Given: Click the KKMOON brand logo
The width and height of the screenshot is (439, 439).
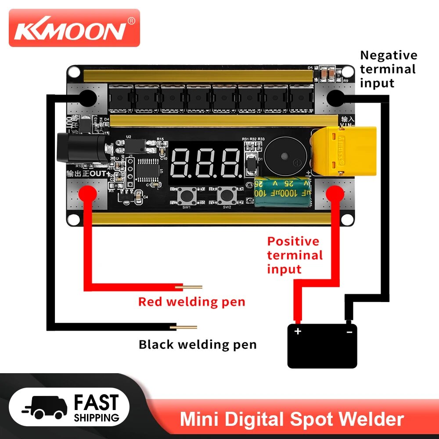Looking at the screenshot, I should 74,30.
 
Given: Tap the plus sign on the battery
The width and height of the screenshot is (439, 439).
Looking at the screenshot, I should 298,331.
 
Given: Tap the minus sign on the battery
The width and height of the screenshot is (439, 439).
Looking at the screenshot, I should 349,332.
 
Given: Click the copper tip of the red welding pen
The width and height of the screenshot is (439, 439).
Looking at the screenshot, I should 192,287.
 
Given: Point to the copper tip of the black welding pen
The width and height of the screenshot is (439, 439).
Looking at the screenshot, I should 186,327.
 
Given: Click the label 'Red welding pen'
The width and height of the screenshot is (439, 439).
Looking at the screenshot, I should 191,302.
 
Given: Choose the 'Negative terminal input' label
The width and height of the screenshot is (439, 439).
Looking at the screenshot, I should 388,69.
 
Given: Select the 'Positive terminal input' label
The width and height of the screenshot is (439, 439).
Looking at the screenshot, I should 295,255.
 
